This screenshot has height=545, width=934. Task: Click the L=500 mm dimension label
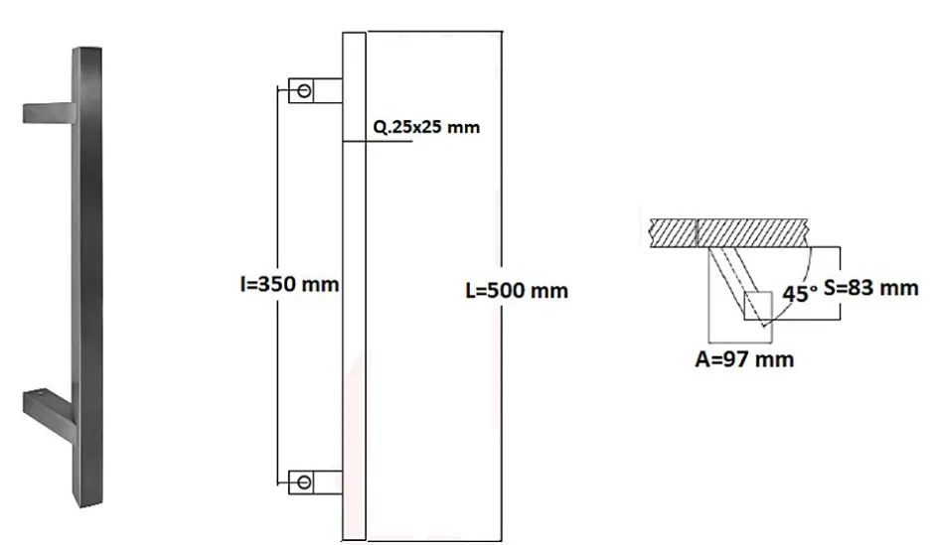click(x=517, y=291)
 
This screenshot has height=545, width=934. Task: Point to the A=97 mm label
click(x=744, y=358)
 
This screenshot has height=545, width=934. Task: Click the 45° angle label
click(x=800, y=294)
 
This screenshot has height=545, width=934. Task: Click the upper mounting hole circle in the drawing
click(x=303, y=91)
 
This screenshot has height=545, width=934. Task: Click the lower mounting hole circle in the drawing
click(x=303, y=482)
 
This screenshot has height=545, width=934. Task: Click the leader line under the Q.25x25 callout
click(x=388, y=141)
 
